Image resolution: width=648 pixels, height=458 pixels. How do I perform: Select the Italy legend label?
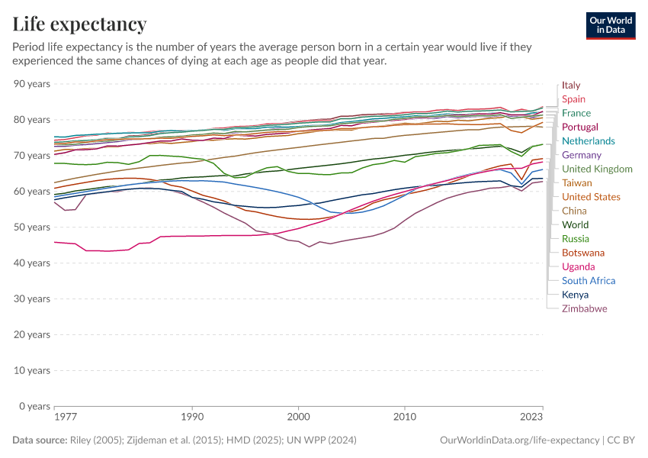point(571,85)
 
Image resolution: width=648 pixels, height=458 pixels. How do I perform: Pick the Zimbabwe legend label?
point(584,309)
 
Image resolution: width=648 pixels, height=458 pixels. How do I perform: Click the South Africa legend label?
point(589,281)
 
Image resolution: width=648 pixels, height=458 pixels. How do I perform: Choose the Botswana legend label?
point(583,253)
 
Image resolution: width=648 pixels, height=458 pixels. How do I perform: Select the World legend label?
point(575,225)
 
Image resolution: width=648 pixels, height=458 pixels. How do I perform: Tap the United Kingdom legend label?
point(597,169)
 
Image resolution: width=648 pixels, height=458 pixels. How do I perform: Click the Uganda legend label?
point(578,267)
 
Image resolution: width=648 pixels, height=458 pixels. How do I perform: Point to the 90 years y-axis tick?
point(32,84)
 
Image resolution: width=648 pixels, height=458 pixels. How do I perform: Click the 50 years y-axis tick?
point(32,227)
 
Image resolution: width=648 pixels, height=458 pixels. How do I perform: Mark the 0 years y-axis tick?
point(35,406)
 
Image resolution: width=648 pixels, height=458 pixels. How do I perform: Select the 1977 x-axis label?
point(66,418)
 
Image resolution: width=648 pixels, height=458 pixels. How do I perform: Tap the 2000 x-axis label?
point(298,418)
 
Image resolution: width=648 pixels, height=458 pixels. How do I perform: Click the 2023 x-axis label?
point(531,418)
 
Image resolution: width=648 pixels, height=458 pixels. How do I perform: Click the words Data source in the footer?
point(40,440)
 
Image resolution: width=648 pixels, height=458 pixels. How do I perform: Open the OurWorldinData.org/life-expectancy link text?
point(520,440)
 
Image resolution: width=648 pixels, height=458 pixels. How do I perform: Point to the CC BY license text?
point(621,440)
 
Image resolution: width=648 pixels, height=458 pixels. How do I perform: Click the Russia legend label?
point(576,239)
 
